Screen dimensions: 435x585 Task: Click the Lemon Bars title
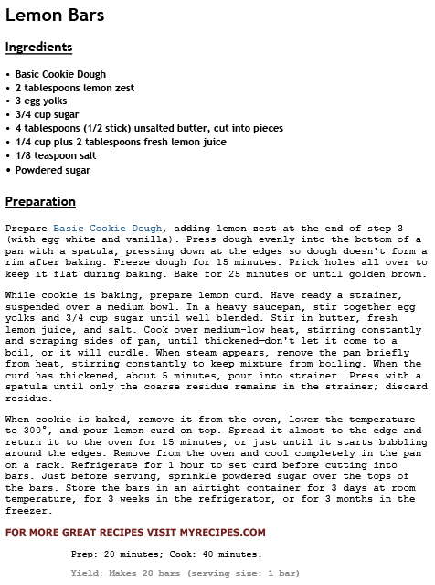tap(55, 16)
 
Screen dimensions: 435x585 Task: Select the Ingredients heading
tap(38, 47)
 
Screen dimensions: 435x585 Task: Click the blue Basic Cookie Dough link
tap(108, 228)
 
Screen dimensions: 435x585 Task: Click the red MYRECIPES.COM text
tap(217, 532)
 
